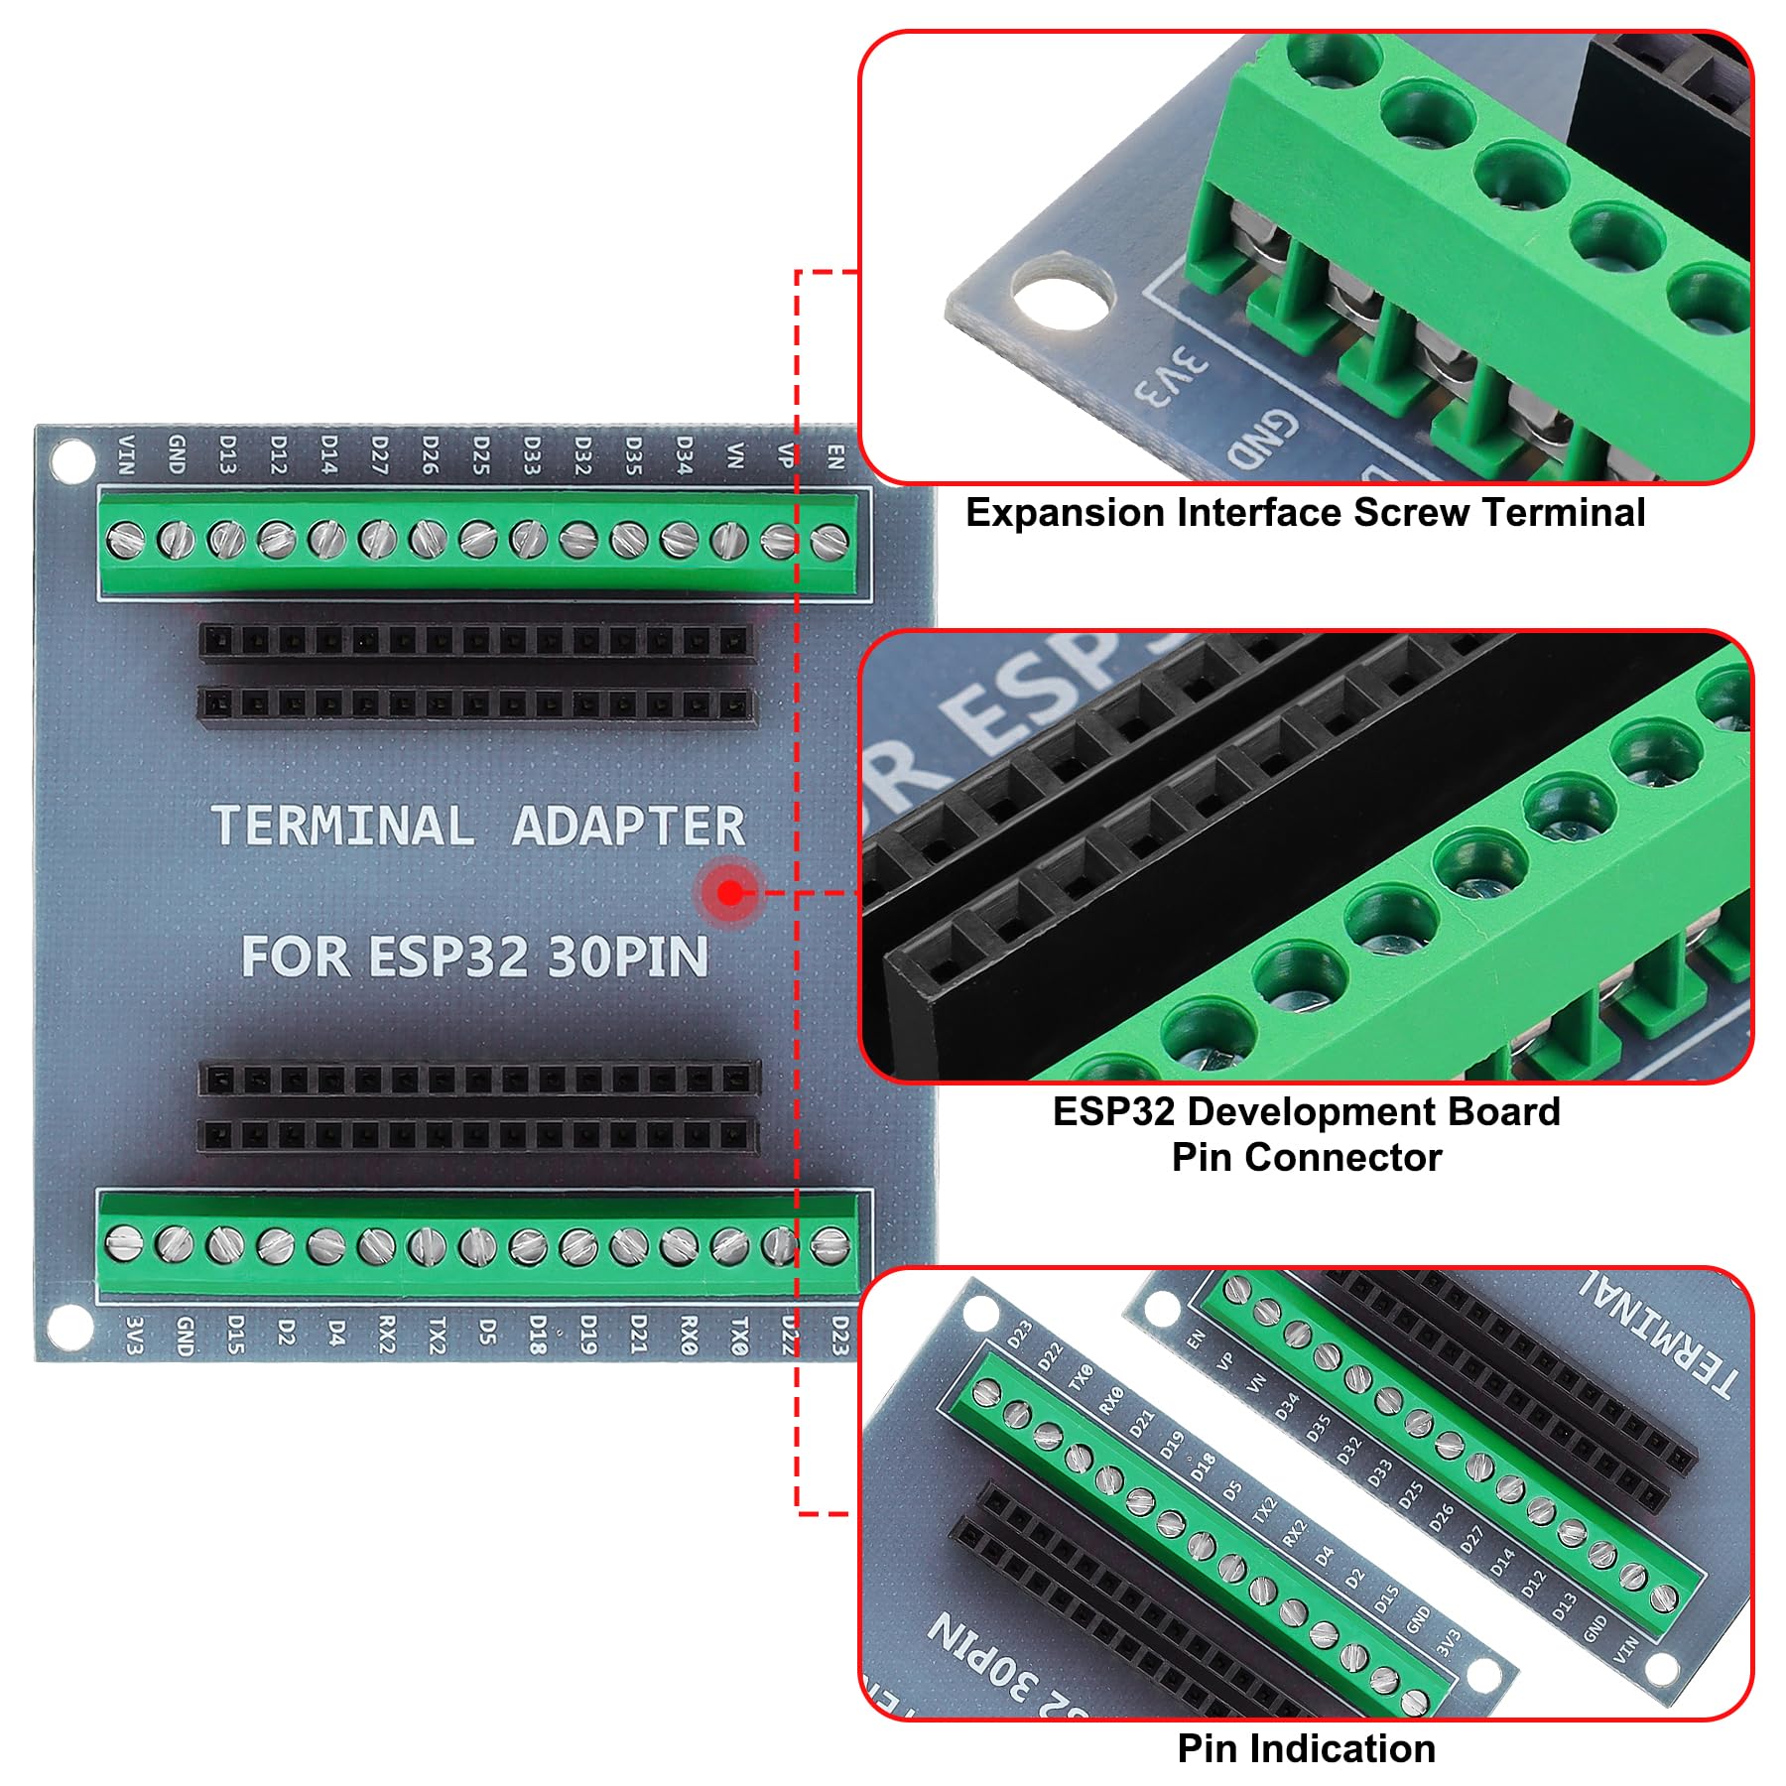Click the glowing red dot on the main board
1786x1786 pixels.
(730, 893)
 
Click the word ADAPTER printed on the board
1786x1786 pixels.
(628, 827)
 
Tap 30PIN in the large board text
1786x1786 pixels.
(628, 957)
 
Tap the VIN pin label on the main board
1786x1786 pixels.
(126, 453)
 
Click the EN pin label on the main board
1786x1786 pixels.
(835, 455)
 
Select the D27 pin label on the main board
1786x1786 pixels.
(379, 454)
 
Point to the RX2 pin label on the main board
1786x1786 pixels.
(386, 1336)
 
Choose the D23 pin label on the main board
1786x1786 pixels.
(840, 1336)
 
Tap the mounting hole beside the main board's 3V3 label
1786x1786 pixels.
(70, 1328)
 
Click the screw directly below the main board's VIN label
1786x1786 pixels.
(125, 540)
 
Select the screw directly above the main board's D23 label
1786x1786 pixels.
(829, 1242)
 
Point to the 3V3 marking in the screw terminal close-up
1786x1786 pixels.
(1172, 376)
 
